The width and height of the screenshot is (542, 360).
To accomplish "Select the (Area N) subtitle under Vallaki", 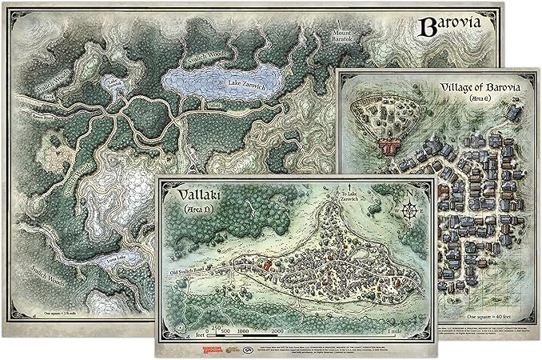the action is tap(191, 210).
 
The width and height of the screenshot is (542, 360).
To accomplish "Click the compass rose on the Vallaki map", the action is tap(412, 210).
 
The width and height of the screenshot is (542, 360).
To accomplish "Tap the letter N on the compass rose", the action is tap(412, 193).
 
